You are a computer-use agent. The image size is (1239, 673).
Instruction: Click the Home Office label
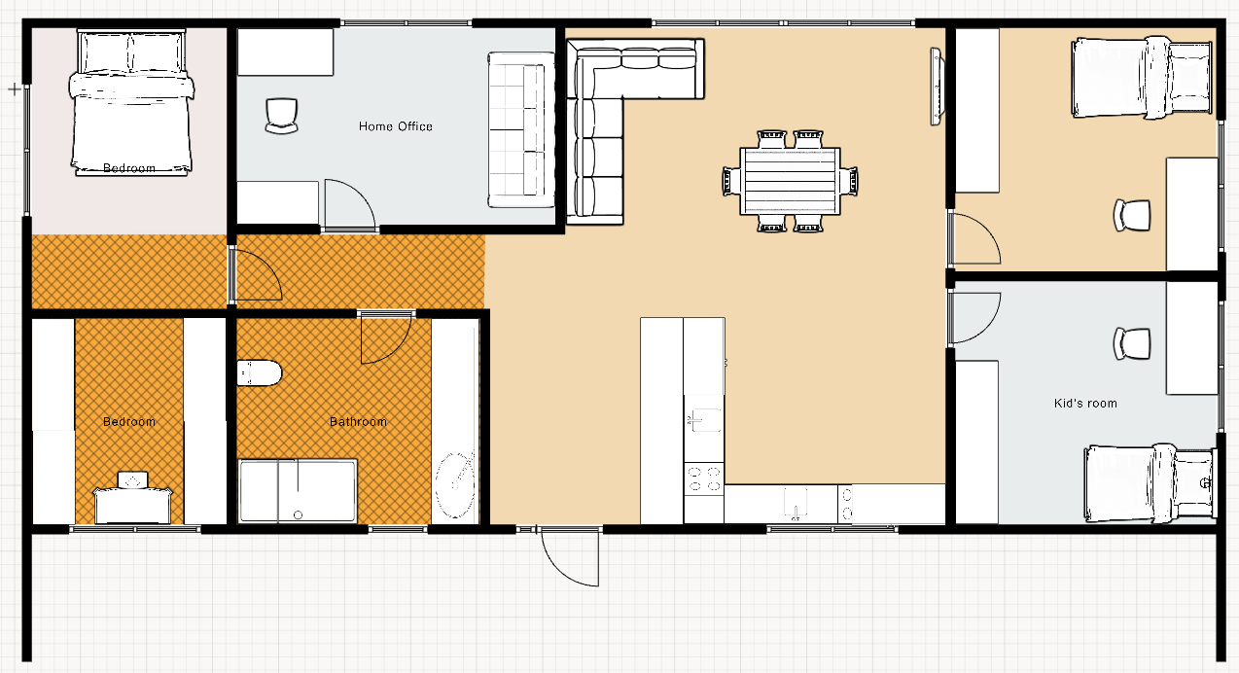pos(396,126)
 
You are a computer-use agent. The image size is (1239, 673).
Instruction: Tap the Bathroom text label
pos(358,422)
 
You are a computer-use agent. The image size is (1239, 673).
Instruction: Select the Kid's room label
pos(1085,404)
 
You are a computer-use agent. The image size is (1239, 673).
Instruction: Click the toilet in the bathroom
pos(260,373)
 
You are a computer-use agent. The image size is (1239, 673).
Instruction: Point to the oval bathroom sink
pos(455,485)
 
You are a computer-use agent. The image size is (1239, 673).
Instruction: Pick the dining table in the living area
pos(790,181)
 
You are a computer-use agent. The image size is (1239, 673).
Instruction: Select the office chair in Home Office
pos(281,116)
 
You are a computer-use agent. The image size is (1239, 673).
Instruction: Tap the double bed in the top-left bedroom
pos(131,103)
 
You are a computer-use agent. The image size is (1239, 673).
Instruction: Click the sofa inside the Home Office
pos(521,130)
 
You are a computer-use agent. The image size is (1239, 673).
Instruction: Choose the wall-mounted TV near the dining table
pos(936,87)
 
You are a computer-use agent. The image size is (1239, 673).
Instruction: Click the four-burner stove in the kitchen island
pos(704,478)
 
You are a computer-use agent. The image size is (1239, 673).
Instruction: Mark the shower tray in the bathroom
pos(298,490)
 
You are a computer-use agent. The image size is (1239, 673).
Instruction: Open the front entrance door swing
pos(570,557)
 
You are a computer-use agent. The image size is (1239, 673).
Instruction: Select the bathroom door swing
pos(386,338)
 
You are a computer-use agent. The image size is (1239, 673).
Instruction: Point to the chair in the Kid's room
pos(1132,343)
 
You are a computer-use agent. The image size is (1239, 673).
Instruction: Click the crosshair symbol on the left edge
pos(15,89)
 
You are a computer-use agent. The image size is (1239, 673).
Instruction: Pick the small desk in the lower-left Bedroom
pos(132,498)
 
